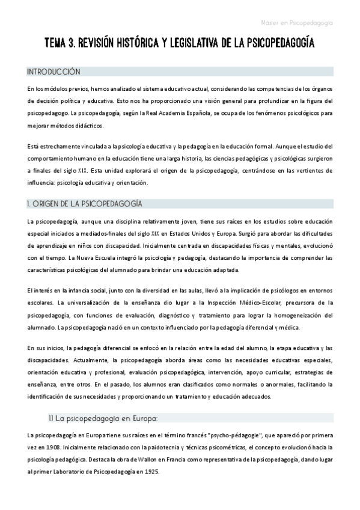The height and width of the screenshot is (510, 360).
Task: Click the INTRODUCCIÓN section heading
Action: point(53,72)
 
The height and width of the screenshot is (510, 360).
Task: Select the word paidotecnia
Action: point(124,448)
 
